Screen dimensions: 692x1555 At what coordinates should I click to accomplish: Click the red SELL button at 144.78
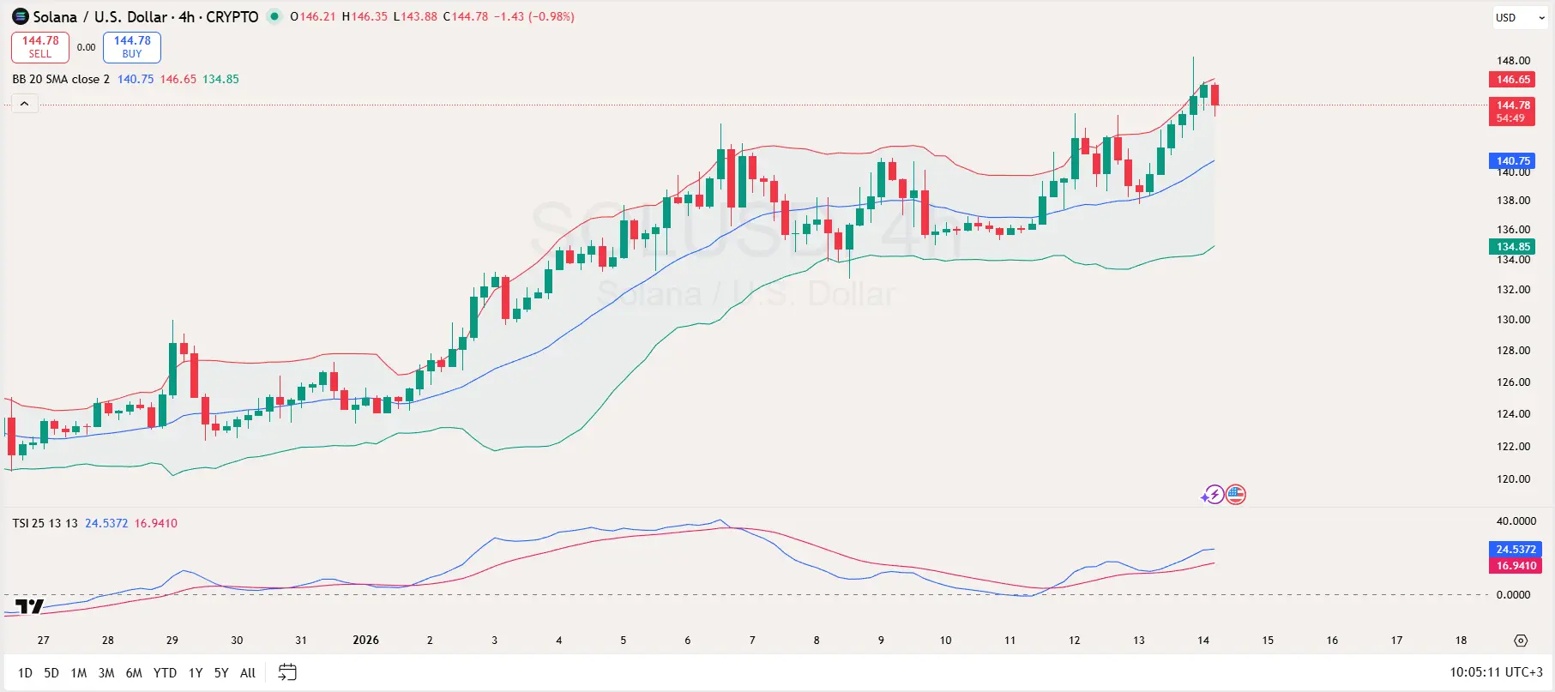point(39,47)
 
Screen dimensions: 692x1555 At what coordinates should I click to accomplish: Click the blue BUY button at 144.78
point(132,47)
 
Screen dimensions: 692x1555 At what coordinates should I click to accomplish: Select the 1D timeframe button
point(25,673)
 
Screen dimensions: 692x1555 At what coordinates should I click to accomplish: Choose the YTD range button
point(165,673)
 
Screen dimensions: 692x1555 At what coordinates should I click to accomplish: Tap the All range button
point(248,673)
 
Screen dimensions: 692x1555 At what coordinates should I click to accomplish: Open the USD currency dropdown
point(1520,17)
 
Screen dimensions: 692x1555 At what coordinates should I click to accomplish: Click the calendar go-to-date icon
point(287,672)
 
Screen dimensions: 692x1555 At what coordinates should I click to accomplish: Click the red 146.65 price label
point(1513,80)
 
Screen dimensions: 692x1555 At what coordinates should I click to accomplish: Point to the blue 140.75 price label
point(1513,160)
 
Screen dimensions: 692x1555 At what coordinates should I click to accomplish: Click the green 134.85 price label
point(1513,246)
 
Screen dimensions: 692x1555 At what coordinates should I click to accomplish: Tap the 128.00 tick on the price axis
point(1513,350)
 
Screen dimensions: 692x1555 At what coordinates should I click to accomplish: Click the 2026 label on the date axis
point(365,641)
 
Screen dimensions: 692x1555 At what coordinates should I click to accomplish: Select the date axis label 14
point(1203,641)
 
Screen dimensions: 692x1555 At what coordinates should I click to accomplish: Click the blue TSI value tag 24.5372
point(1516,549)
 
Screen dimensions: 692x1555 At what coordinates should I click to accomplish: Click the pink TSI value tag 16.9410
point(1516,565)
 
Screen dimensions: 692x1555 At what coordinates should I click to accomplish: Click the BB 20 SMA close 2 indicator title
point(61,79)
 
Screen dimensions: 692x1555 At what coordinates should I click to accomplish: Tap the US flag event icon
point(1235,495)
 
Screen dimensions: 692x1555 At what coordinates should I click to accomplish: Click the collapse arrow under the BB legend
point(24,104)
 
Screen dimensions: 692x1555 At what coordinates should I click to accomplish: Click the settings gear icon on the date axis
point(1521,641)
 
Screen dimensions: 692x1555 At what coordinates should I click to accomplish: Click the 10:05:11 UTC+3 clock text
point(1496,672)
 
